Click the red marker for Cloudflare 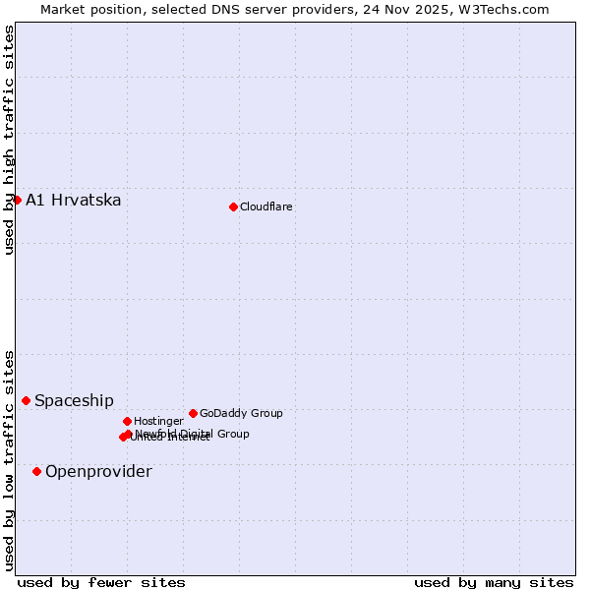coord(233,206)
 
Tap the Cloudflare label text coord(266,206)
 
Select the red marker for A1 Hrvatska coord(17,200)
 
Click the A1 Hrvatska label coord(74,201)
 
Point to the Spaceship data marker coord(26,400)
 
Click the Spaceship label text coord(74,400)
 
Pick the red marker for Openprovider coord(36,471)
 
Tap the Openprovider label coord(98,472)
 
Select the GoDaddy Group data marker coord(193,413)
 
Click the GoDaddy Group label coord(241,413)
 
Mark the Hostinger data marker coord(127,421)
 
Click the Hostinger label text coord(158,421)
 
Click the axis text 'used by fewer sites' coord(101,582)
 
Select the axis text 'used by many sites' coord(494,582)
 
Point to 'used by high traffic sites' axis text coord(9,141)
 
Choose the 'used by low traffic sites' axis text coord(9,459)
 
